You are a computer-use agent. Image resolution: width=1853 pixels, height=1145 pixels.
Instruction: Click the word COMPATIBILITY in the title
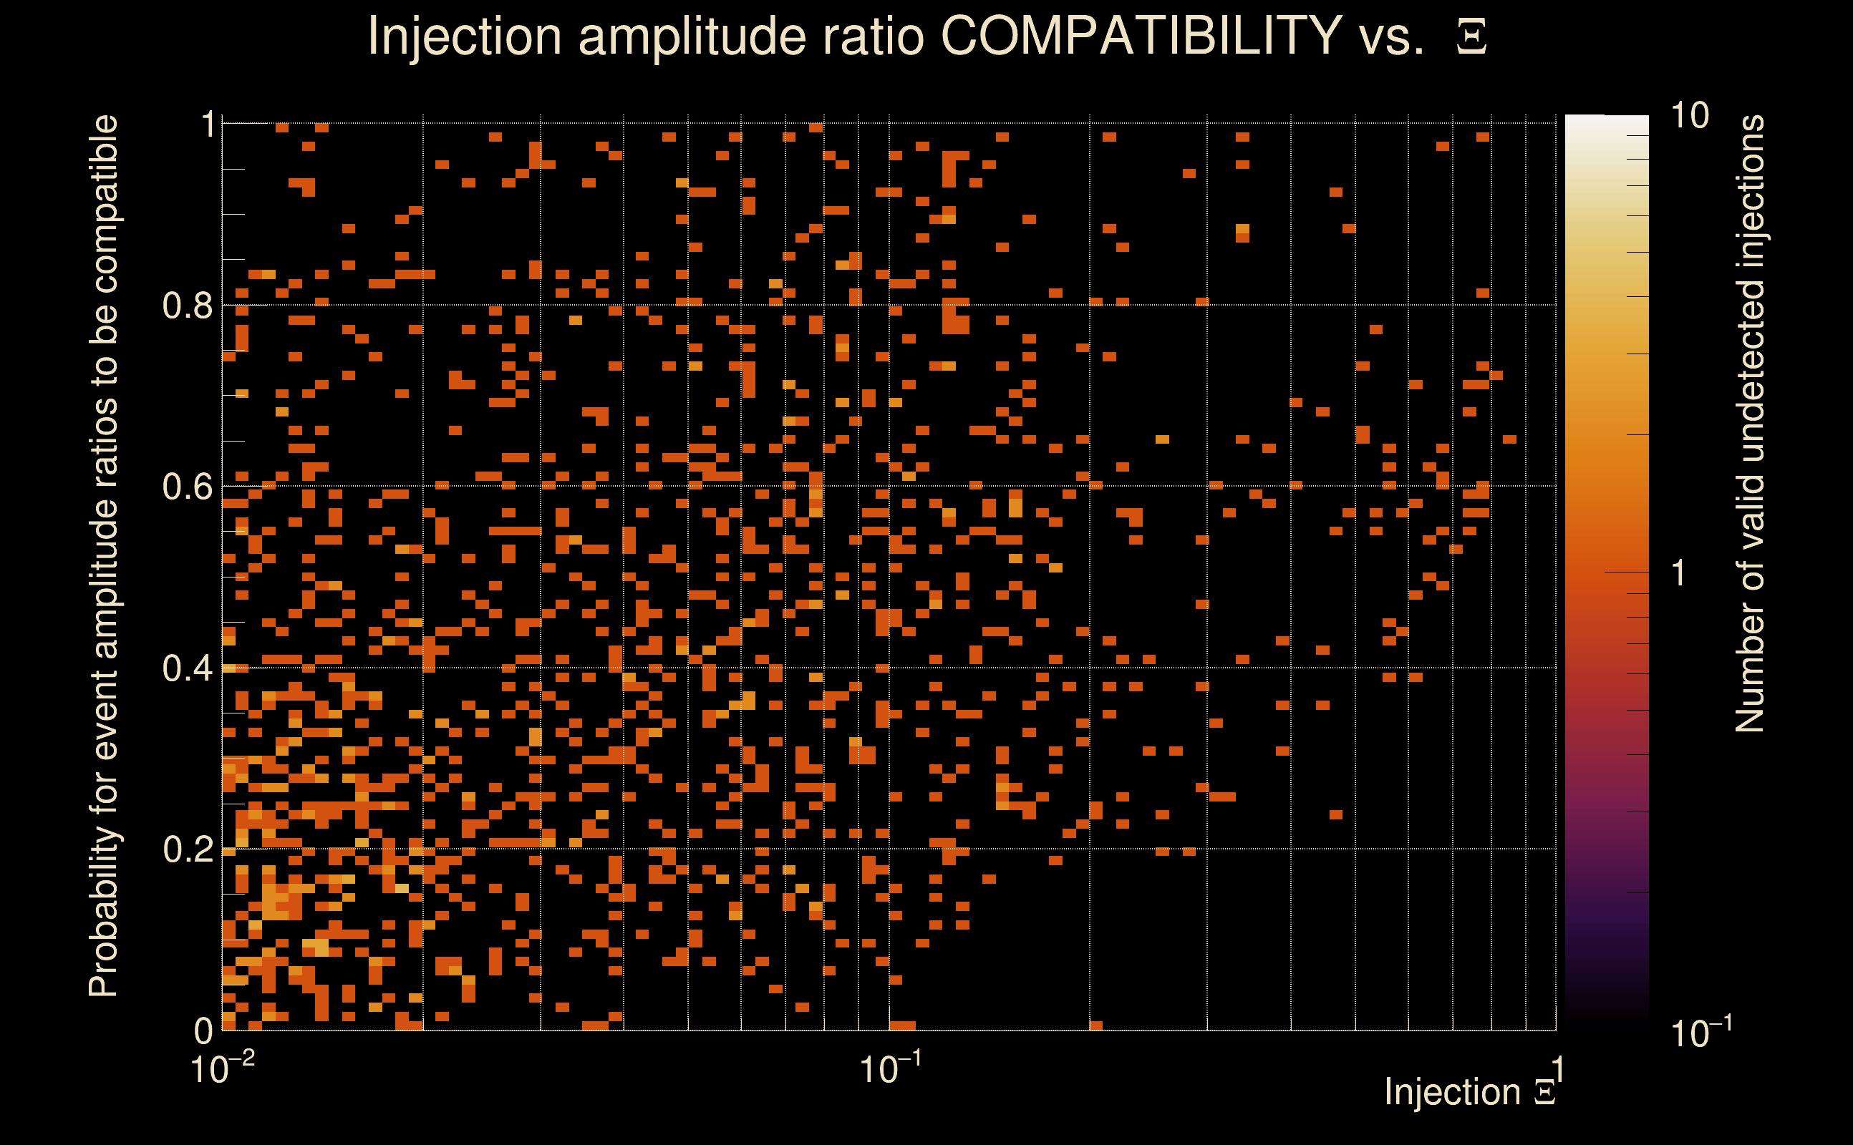[1141, 36]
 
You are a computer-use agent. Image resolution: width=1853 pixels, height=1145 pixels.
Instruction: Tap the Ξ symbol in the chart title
[1471, 37]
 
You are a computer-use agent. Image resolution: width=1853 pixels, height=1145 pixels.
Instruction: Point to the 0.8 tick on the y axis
[188, 306]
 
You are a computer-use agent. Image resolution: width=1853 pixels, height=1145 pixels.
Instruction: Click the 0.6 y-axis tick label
[188, 487]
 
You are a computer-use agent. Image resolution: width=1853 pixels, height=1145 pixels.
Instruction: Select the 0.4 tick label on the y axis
[188, 668]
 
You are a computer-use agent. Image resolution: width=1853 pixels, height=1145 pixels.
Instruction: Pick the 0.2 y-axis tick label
[188, 849]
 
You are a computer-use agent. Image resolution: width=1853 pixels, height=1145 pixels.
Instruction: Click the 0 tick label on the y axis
[203, 1030]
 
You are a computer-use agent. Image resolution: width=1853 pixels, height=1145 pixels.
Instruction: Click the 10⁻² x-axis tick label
[222, 1068]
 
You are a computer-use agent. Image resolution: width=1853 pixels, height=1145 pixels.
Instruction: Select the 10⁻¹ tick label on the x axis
[890, 1068]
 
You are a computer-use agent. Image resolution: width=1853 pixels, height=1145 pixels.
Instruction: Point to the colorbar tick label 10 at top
[1688, 116]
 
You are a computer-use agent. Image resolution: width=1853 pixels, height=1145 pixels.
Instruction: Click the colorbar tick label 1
[1679, 573]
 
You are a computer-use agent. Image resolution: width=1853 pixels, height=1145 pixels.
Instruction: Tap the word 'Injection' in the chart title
[464, 36]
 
